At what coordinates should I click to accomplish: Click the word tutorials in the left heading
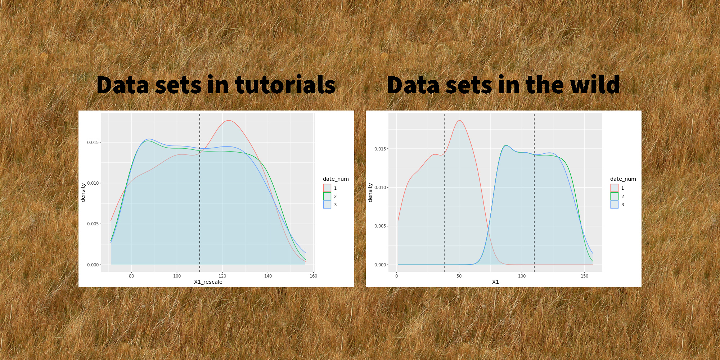[285, 85]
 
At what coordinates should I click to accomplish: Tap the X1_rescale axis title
[208, 282]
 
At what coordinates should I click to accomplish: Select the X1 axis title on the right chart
[495, 282]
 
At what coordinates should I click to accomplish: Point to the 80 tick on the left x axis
[131, 276]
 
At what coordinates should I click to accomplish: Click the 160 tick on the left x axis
[314, 276]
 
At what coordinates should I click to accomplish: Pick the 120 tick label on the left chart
[222, 276]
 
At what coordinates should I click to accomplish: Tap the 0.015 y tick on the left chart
[93, 143]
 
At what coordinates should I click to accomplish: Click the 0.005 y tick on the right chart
[380, 226]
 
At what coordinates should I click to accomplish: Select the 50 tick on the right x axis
[459, 276]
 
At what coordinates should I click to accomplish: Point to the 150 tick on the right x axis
[584, 276]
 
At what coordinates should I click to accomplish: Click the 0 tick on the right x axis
[397, 276]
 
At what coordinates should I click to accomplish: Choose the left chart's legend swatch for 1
[327, 188]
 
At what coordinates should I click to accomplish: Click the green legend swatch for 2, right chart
[614, 196]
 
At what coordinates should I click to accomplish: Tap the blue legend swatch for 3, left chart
[327, 204]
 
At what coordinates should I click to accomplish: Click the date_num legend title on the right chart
[623, 179]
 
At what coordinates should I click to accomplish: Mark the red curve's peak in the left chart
[229, 120]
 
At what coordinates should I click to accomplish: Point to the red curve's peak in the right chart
[459, 120]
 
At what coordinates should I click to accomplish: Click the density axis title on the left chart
[83, 193]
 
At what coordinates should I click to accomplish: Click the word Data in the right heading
[413, 85]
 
